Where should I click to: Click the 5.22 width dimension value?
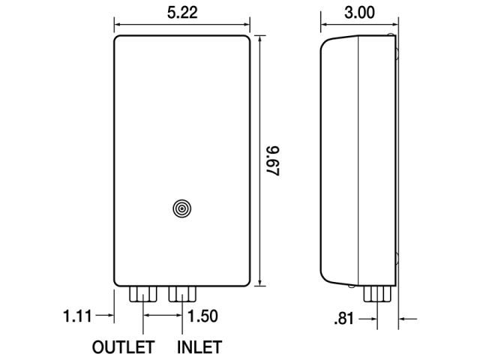click(182, 13)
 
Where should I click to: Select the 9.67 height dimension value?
click(273, 161)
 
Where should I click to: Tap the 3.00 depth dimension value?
click(359, 13)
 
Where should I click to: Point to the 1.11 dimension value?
click(77, 316)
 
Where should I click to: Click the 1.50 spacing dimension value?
click(202, 316)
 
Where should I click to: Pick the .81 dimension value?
click(344, 319)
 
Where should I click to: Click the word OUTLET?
click(123, 347)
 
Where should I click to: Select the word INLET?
click(199, 347)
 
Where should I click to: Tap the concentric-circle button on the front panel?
click(182, 208)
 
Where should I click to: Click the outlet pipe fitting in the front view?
click(143, 294)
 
